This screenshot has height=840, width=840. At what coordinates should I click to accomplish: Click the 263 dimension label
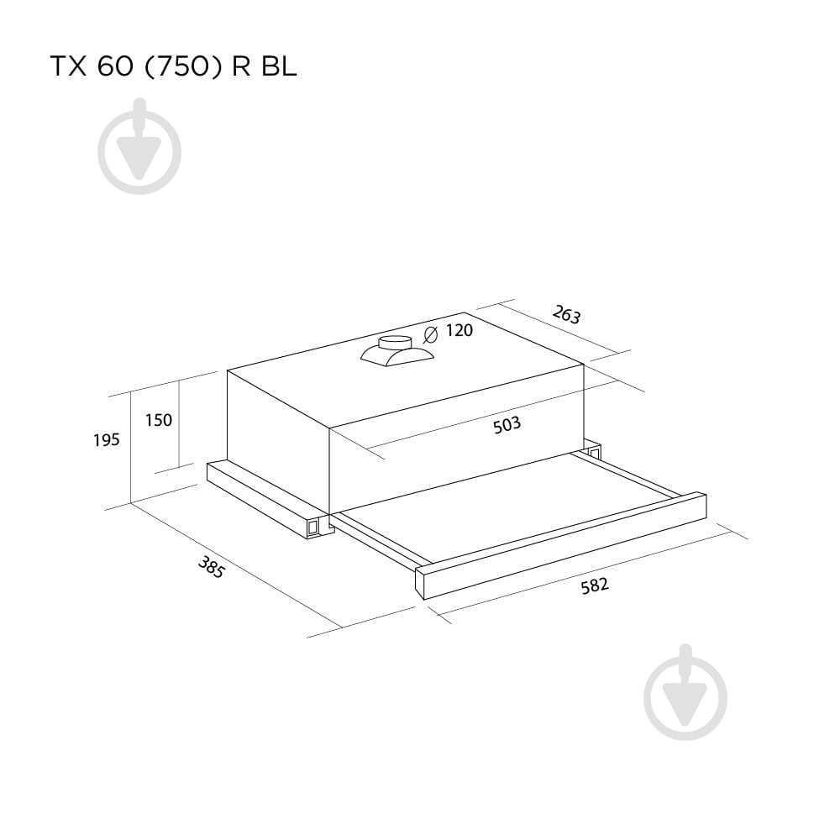tap(566, 314)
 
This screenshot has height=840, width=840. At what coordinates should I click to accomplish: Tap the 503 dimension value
tap(507, 425)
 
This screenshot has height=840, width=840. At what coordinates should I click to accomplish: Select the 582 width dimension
tap(595, 585)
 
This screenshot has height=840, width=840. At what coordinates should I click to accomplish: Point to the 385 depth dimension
tap(211, 567)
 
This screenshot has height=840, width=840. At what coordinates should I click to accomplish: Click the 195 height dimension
tap(106, 440)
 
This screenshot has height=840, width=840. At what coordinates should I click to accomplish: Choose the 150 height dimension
tap(159, 420)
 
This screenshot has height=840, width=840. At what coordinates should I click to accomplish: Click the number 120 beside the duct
tap(459, 330)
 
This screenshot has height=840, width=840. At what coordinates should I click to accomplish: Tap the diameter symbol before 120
tap(430, 334)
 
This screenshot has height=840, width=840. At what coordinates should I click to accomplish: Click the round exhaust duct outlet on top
tap(394, 344)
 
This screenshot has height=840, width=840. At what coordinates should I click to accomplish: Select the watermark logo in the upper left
tap(139, 146)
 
